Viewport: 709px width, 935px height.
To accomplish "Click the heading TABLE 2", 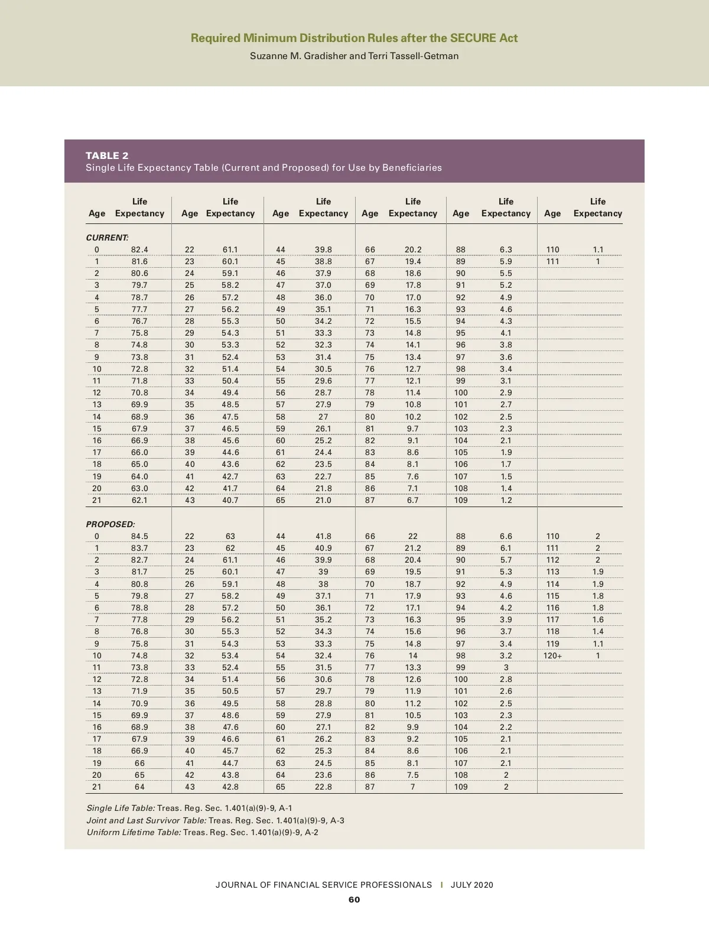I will pyautogui.click(x=107, y=155).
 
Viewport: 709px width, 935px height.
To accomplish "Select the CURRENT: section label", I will pyautogui.click(x=107, y=238).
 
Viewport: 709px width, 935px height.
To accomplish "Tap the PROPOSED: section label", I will pyautogui.click(x=110, y=524).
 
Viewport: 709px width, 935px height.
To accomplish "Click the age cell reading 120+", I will pyautogui.click(x=552, y=655).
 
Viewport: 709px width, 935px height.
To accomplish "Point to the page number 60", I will pyautogui.click(x=354, y=900).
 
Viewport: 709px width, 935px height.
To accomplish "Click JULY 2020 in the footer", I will pyautogui.click(x=471, y=885).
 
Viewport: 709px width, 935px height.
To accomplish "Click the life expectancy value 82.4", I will pyautogui.click(x=139, y=250).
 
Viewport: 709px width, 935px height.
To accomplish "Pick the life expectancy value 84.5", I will pyautogui.click(x=139, y=537).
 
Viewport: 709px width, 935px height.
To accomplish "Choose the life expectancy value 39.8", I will pyautogui.click(x=323, y=250).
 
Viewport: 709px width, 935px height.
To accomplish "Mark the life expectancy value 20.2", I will pyautogui.click(x=413, y=250).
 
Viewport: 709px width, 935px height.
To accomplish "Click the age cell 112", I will pyautogui.click(x=552, y=560).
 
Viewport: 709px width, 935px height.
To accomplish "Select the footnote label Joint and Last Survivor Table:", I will pyautogui.click(x=147, y=820).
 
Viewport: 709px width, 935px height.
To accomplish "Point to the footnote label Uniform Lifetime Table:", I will pyautogui.click(x=134, y=832).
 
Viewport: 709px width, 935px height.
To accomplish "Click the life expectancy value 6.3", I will pyautogui.click(x=506, y=250).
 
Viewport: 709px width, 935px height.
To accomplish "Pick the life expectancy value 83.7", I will pyautogui.click(x=139, y=548).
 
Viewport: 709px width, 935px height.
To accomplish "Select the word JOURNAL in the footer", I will pyautogui.click(x=236, y=885).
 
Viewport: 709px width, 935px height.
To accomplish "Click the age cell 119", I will pyautogui.click(x=552, y=644).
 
